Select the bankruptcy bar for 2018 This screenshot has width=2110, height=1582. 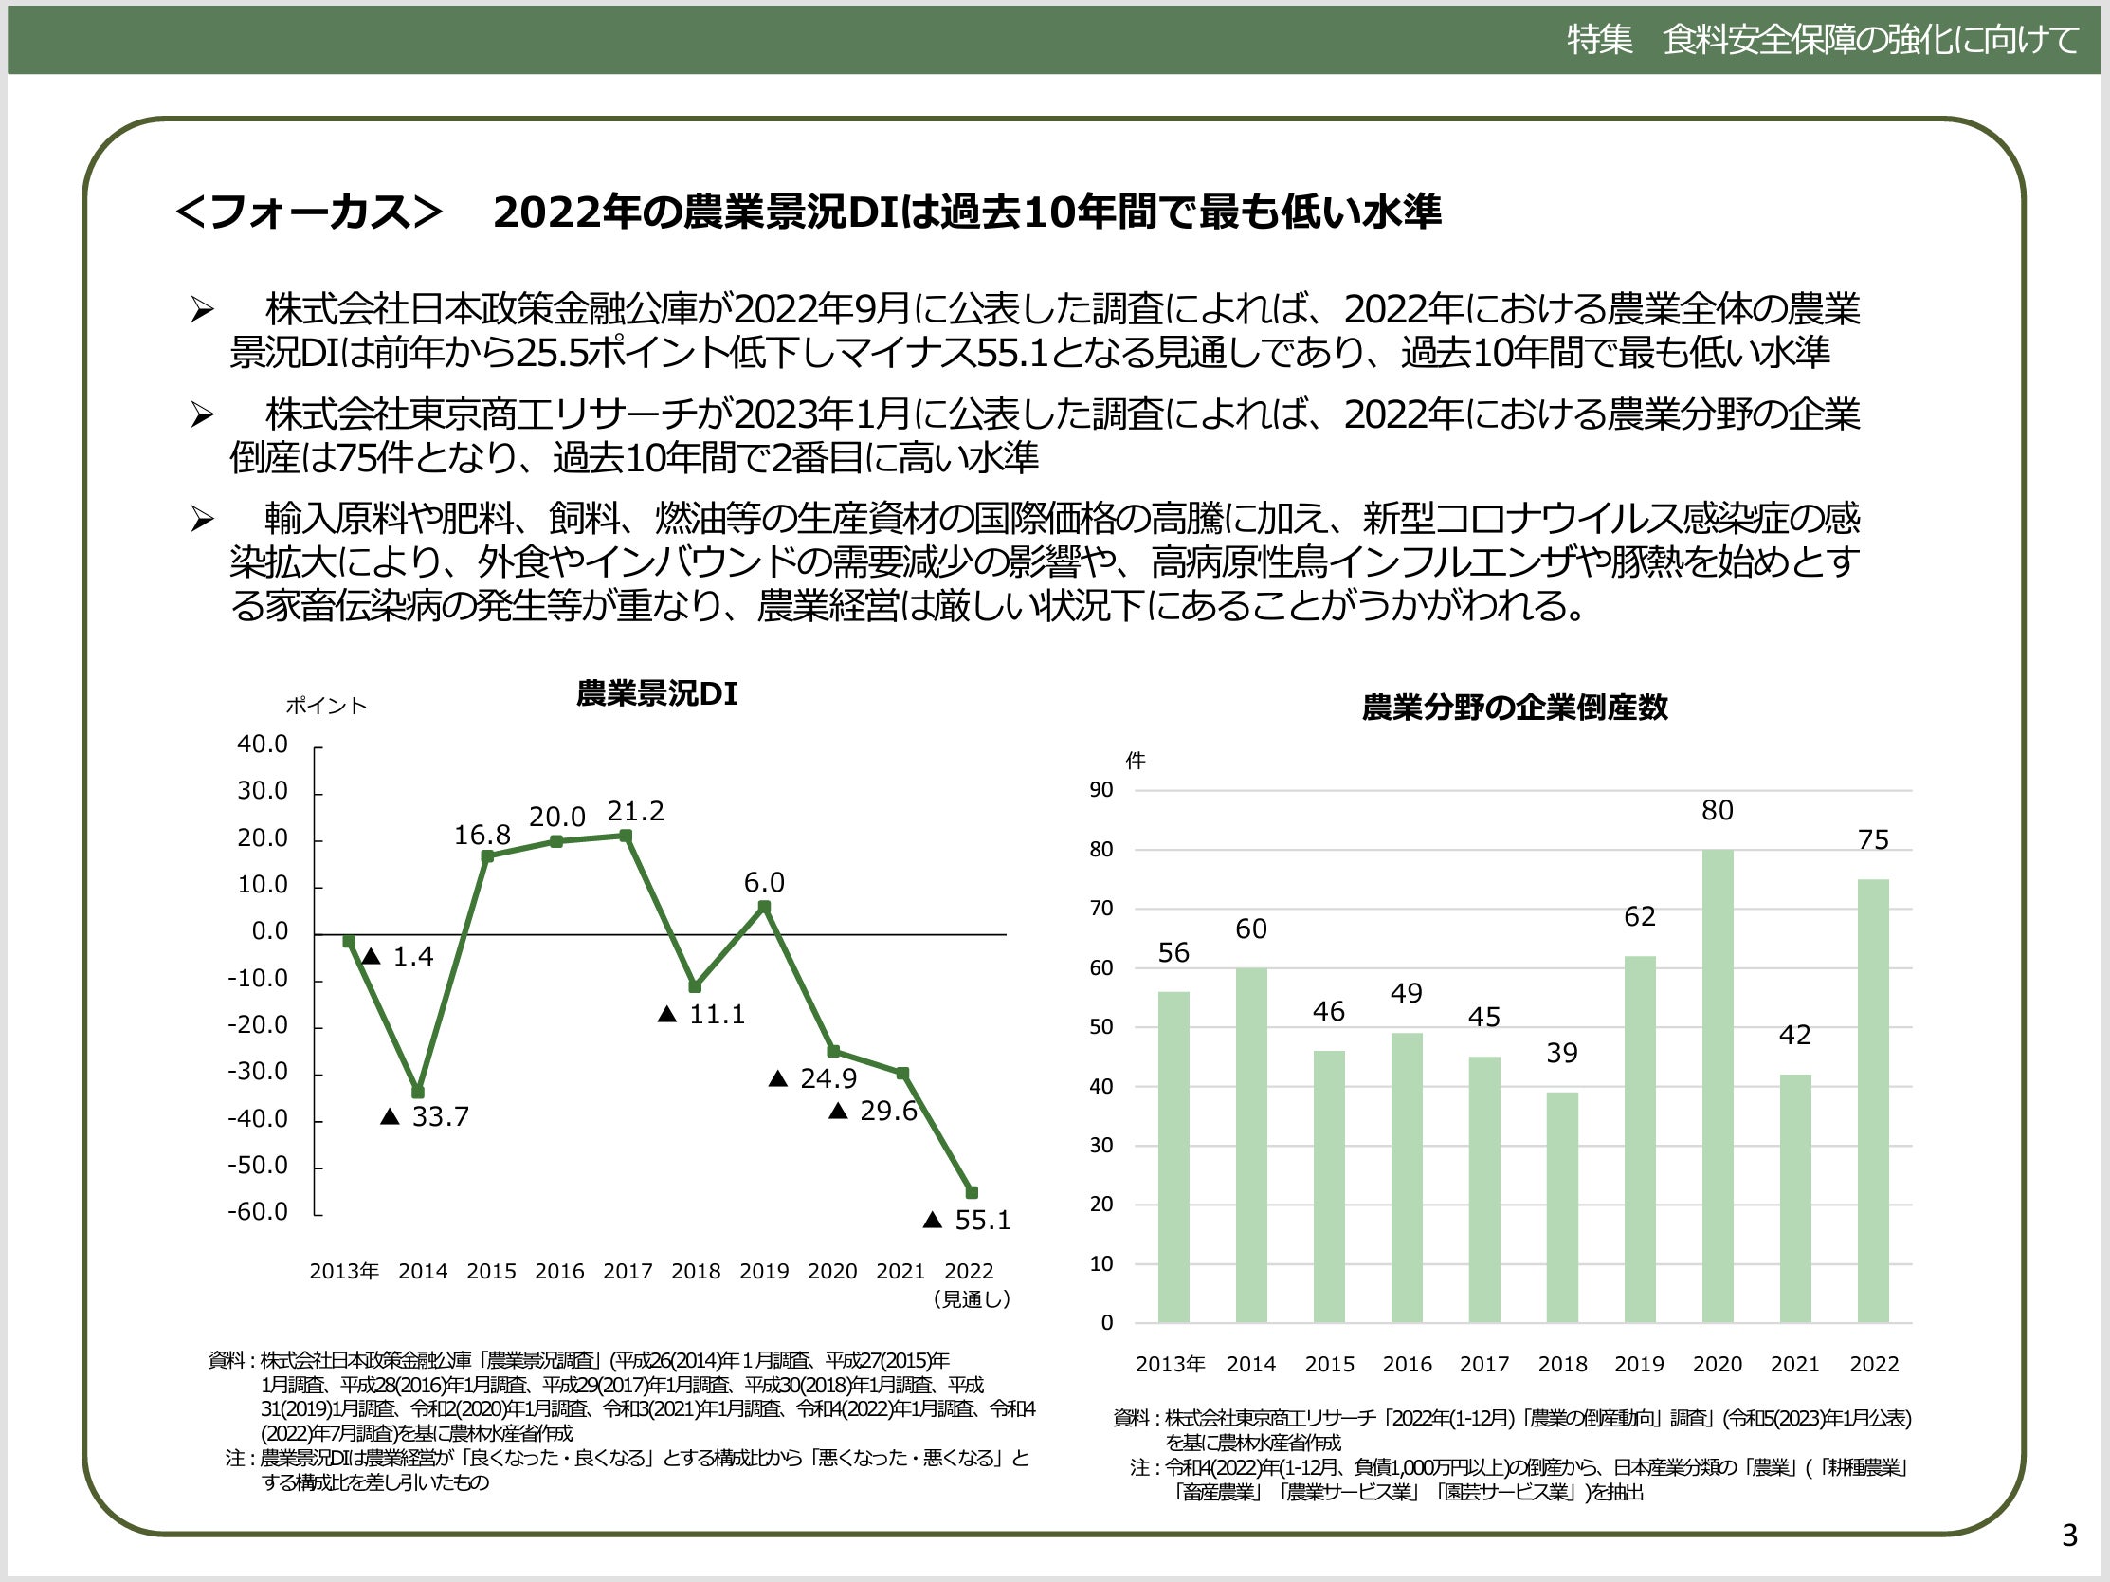coord(1561,1207)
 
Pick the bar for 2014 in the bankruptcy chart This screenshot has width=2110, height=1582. coord(1250,1145)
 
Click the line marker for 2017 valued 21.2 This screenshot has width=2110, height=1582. coord(626,836)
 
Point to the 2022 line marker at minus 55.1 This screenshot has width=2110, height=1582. coord(972,1193)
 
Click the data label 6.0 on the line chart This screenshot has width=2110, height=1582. coord(764,883)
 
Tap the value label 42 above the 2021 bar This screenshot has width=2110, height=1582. coord(1794,1036)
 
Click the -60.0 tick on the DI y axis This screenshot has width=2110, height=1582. coord(258,1212)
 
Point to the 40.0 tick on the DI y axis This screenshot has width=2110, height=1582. coord(263,745)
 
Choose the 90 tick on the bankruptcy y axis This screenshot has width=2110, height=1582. coord(1100,790)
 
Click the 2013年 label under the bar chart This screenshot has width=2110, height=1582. coord(1171,1365)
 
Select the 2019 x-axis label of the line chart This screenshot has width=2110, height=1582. coord(764,1271)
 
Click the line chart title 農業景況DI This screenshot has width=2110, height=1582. coord(656,693)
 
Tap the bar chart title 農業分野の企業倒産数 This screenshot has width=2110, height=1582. coord(1515,708)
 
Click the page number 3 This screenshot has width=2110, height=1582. coord(2069,1536)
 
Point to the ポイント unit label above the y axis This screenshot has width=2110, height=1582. coord(326,706)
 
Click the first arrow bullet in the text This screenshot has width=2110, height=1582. coord(201,310)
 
